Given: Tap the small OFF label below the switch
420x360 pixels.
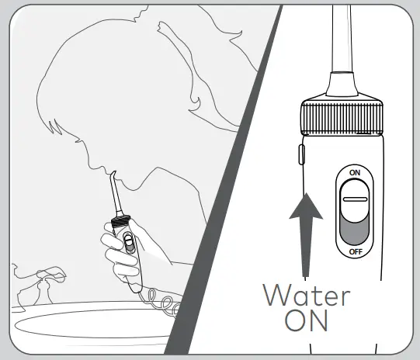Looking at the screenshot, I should point(355,252).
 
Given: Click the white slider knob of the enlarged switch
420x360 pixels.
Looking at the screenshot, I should point(355,199).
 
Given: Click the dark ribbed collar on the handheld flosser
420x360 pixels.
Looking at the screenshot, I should point(120,222).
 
